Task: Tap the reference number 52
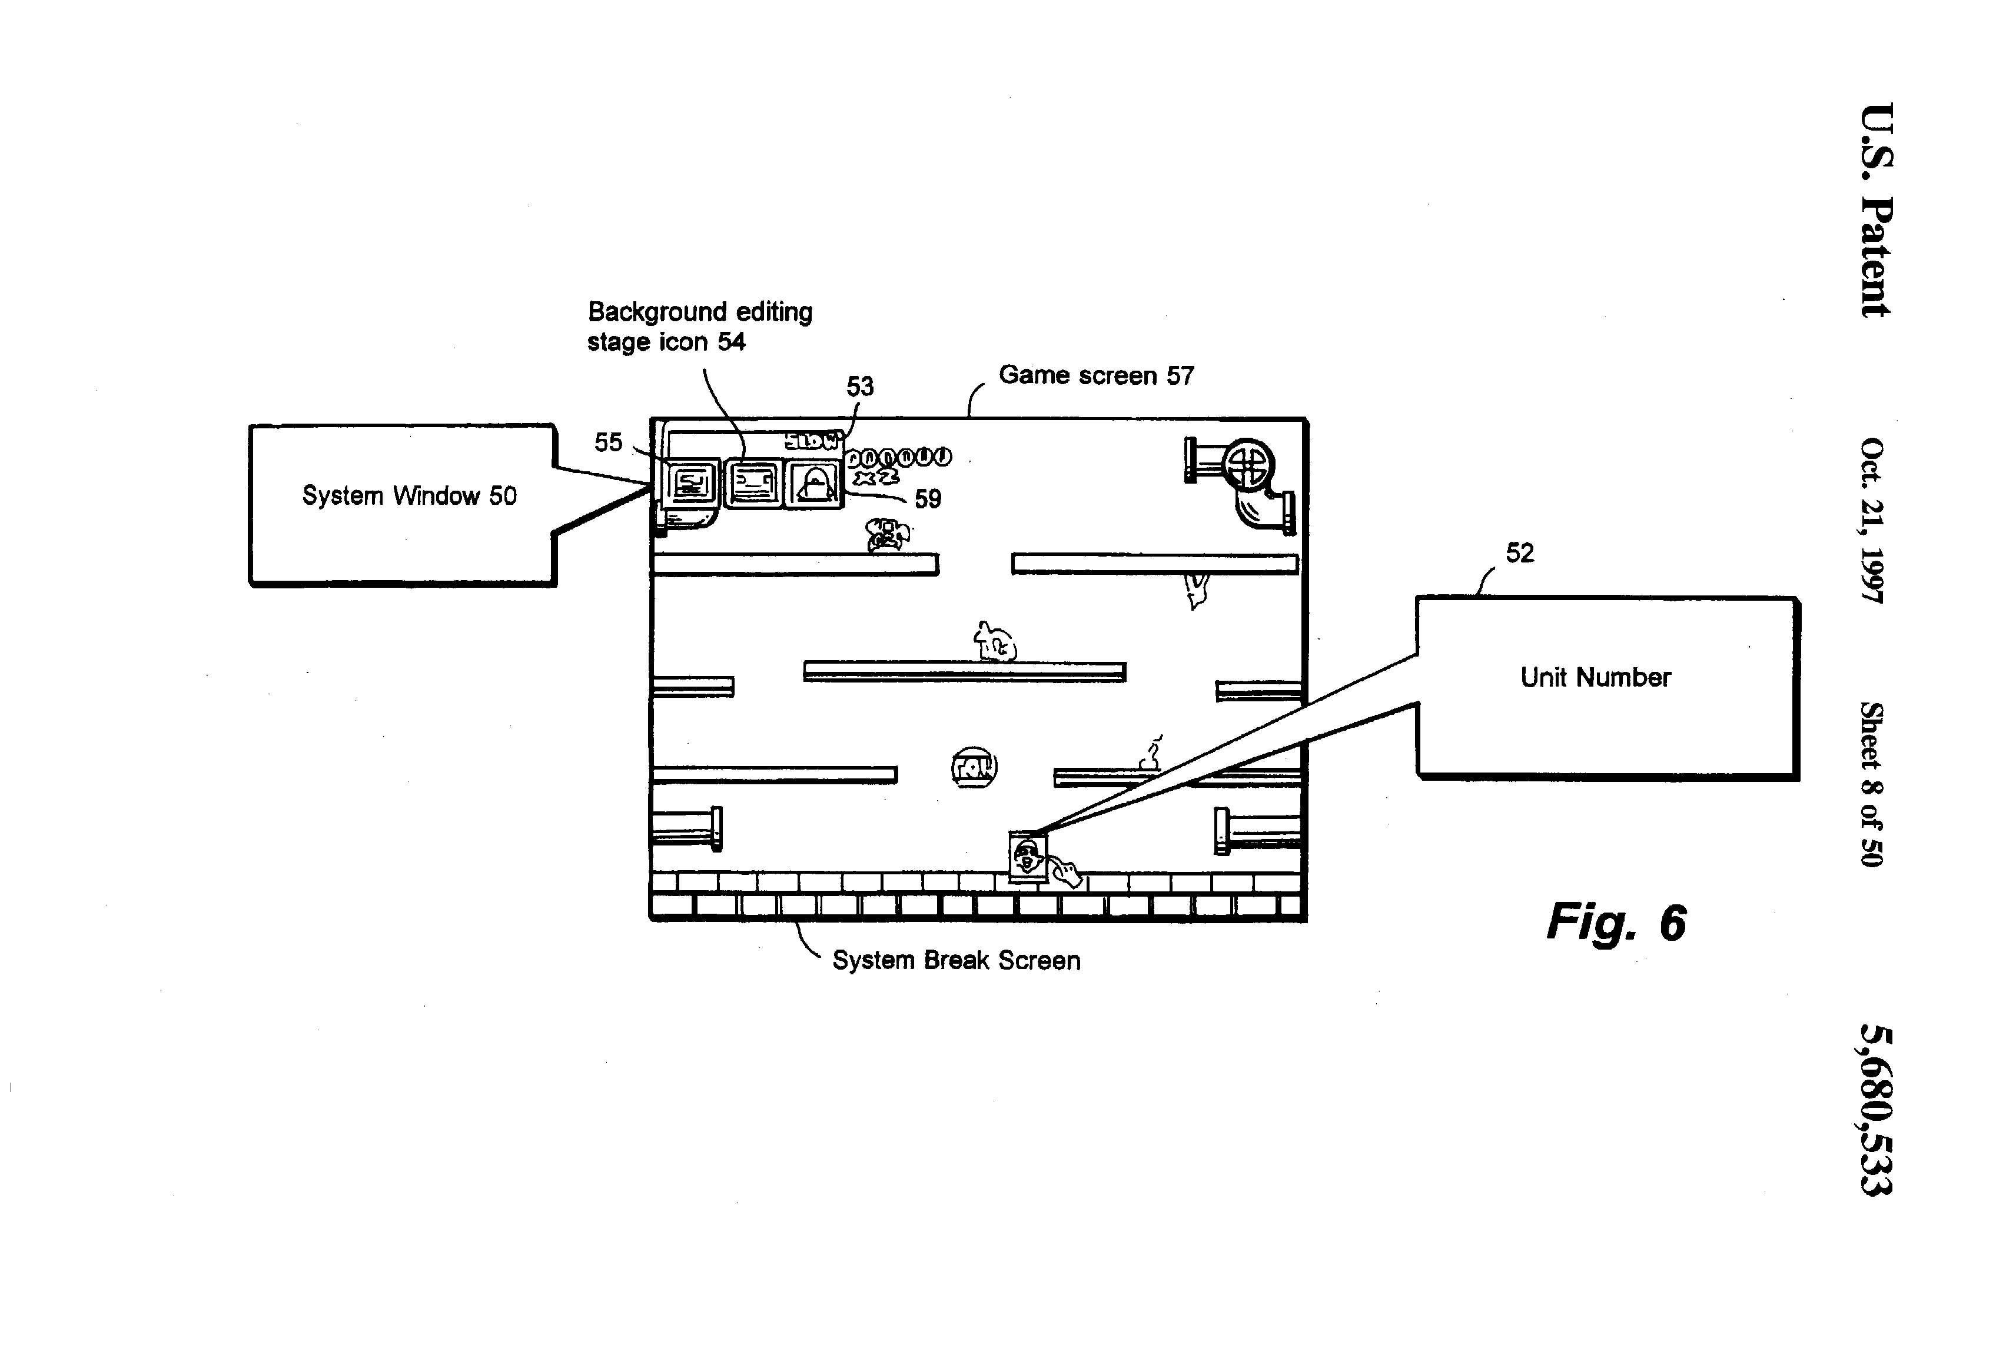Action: pyautogui.click(x=1520, y=553)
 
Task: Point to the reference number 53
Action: pyautogui.click(x=860, y=387)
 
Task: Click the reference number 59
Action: pyautogui.click(x=927, y=499)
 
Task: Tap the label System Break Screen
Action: pyautogui.click(x=955, y=960)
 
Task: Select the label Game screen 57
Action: pyautogui.click(x=1096, y=375)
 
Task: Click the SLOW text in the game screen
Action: pyautogui.click(x=811, y=441)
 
